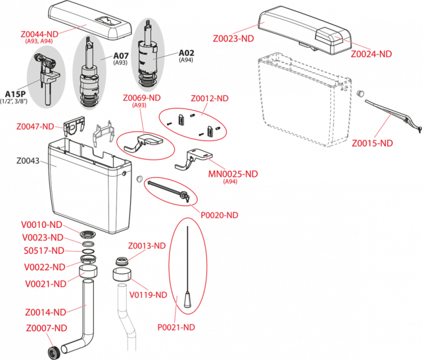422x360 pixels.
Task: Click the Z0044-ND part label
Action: (x=39, y=34)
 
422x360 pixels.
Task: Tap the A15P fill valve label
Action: (x=15, y=94)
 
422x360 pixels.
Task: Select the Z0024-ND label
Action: (x=371, y=54)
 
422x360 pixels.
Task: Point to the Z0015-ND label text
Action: (x=372, y=143)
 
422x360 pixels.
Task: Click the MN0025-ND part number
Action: (x=233, y=174)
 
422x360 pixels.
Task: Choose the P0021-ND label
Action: (x=176, y=327)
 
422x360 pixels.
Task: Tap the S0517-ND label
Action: (x=44, y=251)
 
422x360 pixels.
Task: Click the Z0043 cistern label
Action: (x=28, y=161)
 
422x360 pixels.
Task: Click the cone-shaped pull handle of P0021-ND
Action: (x=187, y=299)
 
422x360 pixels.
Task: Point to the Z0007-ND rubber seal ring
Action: (x=53, y=352)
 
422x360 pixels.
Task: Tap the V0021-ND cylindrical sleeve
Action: (x=88, y=271)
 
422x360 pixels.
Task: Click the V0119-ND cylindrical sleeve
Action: (x=122, y=274)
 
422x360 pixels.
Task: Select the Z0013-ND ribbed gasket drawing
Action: (x=123, y=261)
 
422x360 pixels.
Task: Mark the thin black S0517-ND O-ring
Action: (x=88, y=251)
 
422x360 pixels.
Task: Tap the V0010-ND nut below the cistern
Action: (x=88, y=234)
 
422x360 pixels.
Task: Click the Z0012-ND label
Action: (x=210, y=98)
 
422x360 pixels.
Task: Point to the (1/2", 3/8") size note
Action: (x=14, y=101)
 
